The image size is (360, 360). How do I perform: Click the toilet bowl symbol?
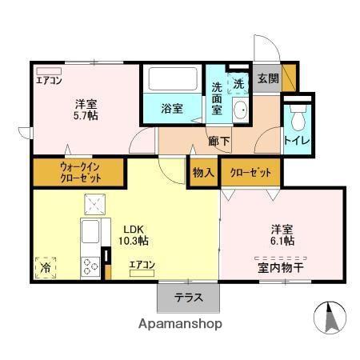coord(298,118)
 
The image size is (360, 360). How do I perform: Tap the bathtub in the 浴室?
coord(173,79)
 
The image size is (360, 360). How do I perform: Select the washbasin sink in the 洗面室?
coord(241,110)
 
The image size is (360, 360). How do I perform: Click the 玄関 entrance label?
coord(268,78)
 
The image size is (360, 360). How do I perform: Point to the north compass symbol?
coord(330,318)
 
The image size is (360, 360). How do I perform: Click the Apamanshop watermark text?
coord(180,324)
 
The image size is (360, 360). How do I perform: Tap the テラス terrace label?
coord(189,298)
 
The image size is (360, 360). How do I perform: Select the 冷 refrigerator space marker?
coord(46,268)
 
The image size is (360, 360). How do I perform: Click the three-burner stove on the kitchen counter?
coord(90,266)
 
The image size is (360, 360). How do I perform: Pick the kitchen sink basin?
coord(90,231)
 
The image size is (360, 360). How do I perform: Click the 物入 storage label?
coord(203,173)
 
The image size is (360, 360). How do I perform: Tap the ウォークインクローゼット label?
coord(80,173)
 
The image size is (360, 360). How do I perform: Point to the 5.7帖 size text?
coord(86,116)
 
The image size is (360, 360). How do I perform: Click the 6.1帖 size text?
coord(282,241)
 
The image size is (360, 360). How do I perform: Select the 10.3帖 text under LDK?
coord(134,241)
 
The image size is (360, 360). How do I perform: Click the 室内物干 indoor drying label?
coord(281,268)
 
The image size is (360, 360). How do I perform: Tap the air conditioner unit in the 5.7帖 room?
coord(49,71)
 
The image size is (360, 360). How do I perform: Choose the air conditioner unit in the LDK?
coord(142,273)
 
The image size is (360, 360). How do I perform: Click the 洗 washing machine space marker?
coord(238,84)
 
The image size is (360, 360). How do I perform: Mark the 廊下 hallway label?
coord(219,141)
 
